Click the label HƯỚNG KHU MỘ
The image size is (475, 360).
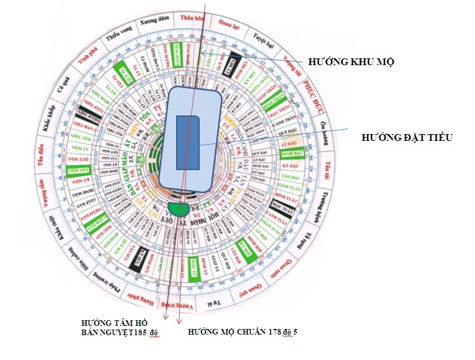point(352,62)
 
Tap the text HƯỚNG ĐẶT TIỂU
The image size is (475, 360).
point(407,137)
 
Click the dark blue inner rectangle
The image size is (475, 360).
point(188,142)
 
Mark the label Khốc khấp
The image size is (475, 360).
point(47,122)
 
